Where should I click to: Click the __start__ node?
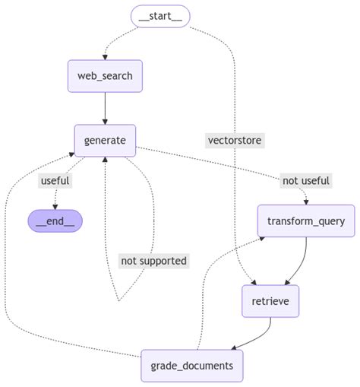click(x=159, y=16)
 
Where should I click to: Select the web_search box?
click(x=105, y=75)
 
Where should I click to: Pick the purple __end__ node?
click(x=55, y=221)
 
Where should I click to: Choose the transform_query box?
click(x=306, y=221)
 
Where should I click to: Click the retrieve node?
click(x=270, y=301)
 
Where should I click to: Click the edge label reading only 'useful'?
click(x=55, y=180)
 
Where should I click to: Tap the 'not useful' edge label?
click(x=306, y=180)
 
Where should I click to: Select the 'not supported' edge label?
click(x=154, y=261)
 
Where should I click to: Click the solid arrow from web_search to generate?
click(x=105, y=108)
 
